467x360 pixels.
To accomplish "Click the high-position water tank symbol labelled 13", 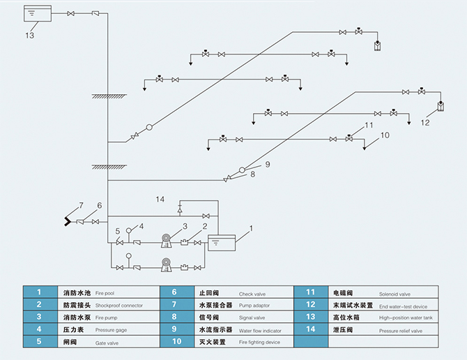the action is (x=38, y=13).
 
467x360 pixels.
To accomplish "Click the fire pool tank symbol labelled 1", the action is (x=222, y=243).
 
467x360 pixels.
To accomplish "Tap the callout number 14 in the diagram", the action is (x=160, y=200).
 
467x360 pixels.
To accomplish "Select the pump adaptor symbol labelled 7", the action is (x=68, y=221).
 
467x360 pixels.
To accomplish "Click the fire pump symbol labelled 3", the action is (x=167, y=241).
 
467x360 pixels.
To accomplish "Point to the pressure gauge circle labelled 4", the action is (x=129, y=230).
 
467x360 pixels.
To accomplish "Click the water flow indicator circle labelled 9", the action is (x=242, y=170).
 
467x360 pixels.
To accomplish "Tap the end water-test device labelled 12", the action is (x=441, y=106).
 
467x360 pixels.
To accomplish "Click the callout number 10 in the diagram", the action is (x=385, y=135).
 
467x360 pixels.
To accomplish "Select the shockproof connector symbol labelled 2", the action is (x=185, y=243).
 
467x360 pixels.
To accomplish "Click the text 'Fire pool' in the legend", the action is (x=105, y=293).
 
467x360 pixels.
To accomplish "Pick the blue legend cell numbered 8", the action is (x=177, y=317).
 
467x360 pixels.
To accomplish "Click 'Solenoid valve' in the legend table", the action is (x=395, y=294).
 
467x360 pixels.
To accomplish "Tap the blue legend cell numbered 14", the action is (x=311, y=329).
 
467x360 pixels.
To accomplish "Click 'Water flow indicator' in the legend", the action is (x=260, y=331).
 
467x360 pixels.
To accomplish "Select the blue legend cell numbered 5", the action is (x=40, y=342).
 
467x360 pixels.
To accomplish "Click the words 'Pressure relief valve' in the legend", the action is (x=401, y=331).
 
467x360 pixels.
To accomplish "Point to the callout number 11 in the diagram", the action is (x=369, y=125).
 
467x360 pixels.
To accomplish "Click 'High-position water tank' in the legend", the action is (x=406, y=318).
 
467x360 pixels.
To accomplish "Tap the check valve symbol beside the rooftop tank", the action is (x=95, y=13).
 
